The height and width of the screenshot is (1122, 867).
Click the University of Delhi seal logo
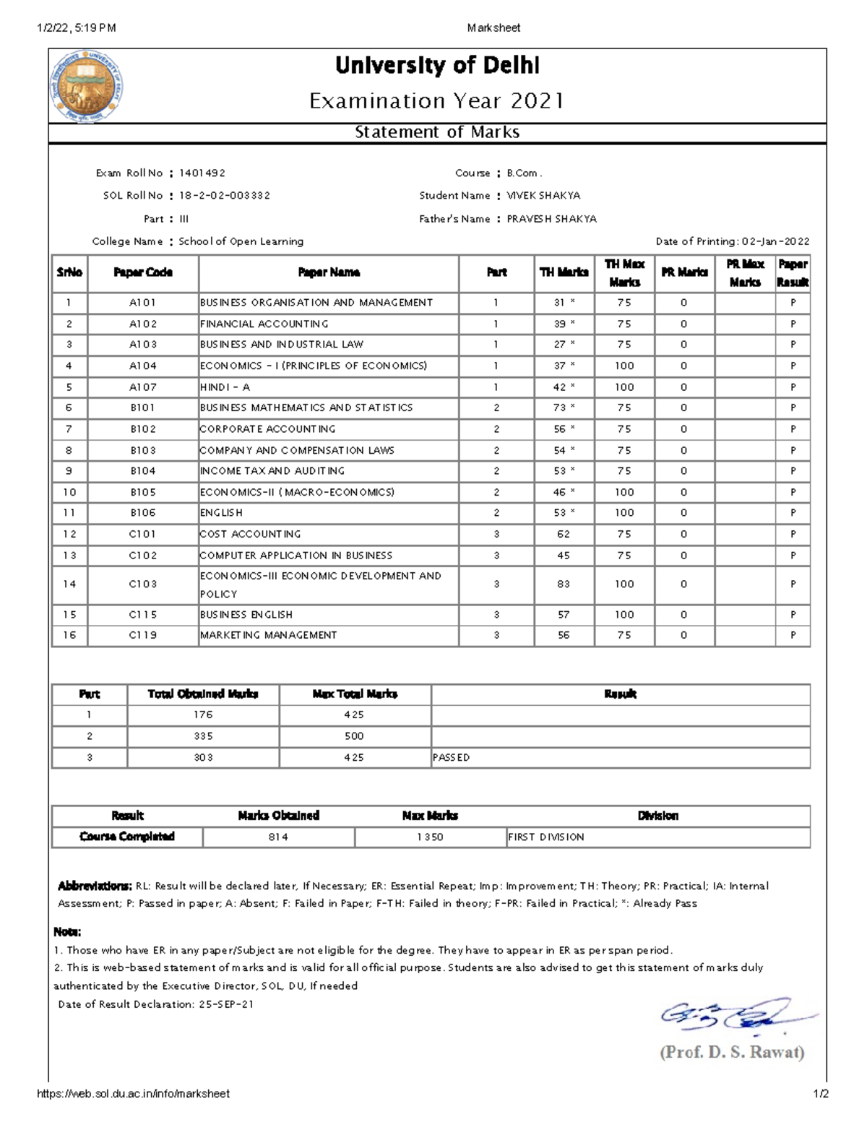point(85,86)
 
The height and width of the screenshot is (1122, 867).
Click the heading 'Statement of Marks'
point(436,132)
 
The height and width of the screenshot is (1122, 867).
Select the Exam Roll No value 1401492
point(202,173)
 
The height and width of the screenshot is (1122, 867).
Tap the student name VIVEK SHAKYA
point(543,196)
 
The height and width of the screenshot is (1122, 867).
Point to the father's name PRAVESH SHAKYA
point(551,219)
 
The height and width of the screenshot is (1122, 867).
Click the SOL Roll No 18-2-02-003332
point(225,196)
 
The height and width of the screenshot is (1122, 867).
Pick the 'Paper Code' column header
point(143,272)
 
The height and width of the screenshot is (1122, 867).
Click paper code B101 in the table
point(143,408)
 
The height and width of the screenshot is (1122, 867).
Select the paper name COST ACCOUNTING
point(251,535)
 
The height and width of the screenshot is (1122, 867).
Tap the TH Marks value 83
point(564,584)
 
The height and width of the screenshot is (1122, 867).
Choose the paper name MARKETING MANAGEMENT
point(269,636)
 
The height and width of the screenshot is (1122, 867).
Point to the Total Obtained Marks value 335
point(203,736)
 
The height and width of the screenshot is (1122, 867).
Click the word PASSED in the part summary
point(452,758)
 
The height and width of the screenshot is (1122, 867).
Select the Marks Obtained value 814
point(278,837)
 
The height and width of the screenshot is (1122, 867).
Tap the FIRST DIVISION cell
point(546,837)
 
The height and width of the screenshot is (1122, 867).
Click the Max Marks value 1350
point(430,837)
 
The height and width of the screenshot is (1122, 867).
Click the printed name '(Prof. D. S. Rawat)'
point(732,1052)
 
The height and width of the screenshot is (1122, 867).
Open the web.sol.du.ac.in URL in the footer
point(133,1094)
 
